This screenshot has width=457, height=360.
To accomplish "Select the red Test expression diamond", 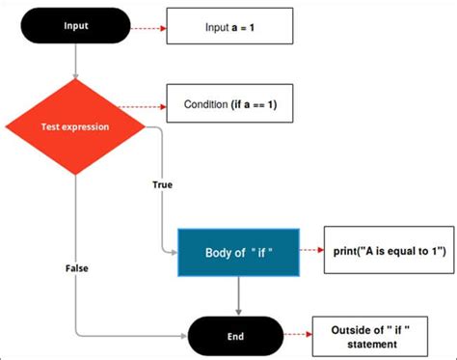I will [74, 126].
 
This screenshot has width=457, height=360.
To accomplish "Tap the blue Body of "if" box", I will [240, 252].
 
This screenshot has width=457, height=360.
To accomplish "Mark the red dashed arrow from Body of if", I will [311, 252].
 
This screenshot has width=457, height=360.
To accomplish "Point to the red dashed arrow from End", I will [297, 336].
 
